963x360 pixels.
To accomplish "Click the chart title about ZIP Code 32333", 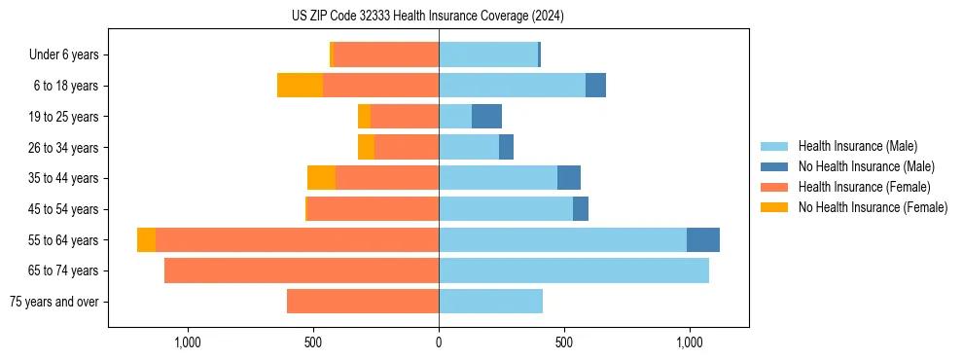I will point(428,17).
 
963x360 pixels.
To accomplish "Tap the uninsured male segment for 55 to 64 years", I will point(703,239).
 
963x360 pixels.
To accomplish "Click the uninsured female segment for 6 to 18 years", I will point(300,86).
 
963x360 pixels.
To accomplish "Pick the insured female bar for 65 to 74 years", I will point(302,270).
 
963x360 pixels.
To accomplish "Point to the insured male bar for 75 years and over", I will point(490,302).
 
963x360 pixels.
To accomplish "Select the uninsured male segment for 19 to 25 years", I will point(486,117).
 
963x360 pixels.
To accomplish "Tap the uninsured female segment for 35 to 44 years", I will point(321,178).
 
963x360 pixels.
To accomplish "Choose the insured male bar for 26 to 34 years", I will point(469,147).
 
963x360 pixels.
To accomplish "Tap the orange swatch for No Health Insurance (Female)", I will point(774,207).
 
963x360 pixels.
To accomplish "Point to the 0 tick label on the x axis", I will point(439,342).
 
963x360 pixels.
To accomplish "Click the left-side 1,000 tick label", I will point(187,342).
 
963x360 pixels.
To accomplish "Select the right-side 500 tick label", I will point(563,342).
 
